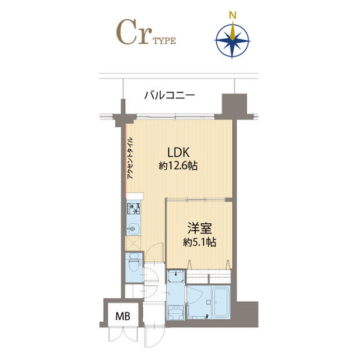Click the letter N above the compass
click(x=233, y=15)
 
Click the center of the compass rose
click(x=233, y=41)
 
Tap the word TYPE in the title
click(x=164, y=41)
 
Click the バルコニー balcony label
click(x=170, y=95)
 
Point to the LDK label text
click(x=178, y=152)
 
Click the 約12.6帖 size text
click(x=178, y=166)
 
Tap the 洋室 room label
click(x=200, y=228)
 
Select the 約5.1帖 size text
click(x=200, y=242)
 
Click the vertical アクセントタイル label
click(x=130, y=158)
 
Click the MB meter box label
click(x=123, y=316)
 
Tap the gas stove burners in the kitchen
click(x=133, y=209)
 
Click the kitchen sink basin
click(x=133, y=229)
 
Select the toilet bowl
click(x=133, y=265)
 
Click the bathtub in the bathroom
click(x=221, y=301)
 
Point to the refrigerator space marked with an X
click(x=133, y=244)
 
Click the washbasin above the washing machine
click(x=176, y=276)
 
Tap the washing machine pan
click(x=176, y=312)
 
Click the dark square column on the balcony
click(x=234, y=104)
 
